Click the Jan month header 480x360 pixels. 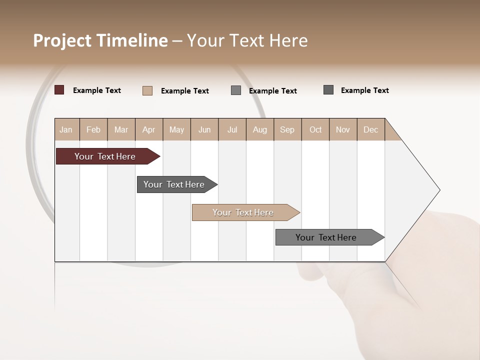tap(66, 130)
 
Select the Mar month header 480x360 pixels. tap(121, 130)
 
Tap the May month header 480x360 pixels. tap(176, 130)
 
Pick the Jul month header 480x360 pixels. tap(232, 130)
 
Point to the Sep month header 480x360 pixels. tap(287, 130)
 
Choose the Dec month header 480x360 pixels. tap(370, 130)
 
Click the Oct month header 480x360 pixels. tap(315, 130)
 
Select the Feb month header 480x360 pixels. tap(93, 130)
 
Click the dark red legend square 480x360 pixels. tap(59, 90)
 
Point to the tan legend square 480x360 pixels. tap(147, 90)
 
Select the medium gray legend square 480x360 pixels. tap(236, 90)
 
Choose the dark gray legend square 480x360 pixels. tap(328, 90)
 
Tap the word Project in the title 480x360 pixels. tap(62, 40)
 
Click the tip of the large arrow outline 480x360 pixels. tap(439, 190)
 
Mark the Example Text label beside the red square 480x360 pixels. tap(97, 90)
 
